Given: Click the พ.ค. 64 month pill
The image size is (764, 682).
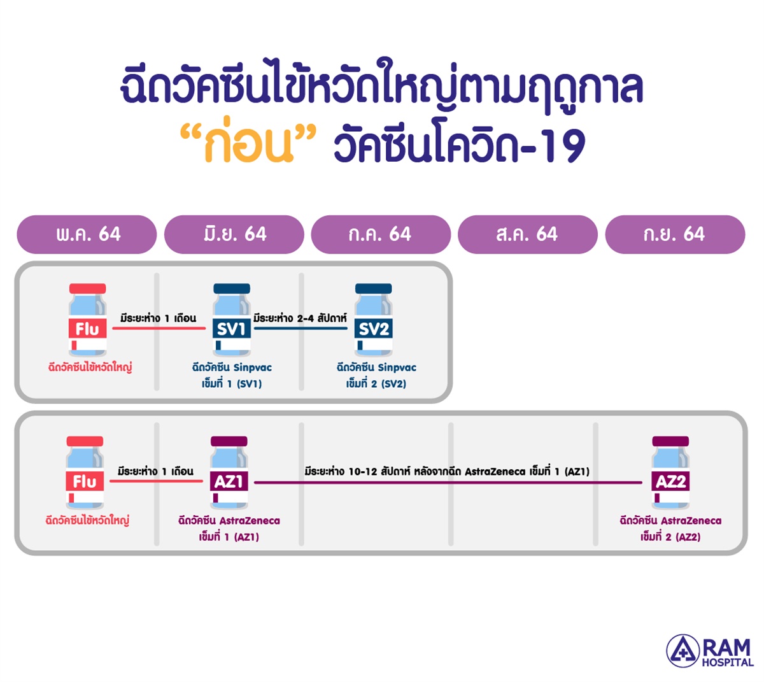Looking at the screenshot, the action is point(87,234).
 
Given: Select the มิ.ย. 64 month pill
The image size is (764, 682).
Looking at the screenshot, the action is point(234,234).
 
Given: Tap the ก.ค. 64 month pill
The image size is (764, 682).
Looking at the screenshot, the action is point(381,234).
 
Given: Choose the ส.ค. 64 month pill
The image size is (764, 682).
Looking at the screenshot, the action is point(527,234).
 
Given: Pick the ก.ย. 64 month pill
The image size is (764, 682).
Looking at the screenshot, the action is point(675,234).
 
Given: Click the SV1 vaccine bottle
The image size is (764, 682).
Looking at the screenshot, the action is point(232,320).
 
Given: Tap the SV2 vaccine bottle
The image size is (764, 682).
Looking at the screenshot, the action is point(373,320).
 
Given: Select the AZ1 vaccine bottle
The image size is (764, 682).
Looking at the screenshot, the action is point(229,472).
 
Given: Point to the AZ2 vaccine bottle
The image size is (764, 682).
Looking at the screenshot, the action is point(670,472).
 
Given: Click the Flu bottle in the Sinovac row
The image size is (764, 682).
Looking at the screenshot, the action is point(87,320).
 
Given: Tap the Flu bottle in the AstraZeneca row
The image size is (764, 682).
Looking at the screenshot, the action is point(85,472).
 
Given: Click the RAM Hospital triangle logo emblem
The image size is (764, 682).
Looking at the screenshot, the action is point(683,651).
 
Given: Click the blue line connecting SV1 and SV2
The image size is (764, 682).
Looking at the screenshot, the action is point(301,328).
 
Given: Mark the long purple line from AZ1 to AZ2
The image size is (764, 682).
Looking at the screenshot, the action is point(448,482).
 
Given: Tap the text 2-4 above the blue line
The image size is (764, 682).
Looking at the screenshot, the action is point(305,318).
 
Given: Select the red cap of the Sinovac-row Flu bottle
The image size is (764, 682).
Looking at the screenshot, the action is point(87,288).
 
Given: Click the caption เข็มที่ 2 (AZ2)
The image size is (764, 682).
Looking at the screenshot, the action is point(670,537).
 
